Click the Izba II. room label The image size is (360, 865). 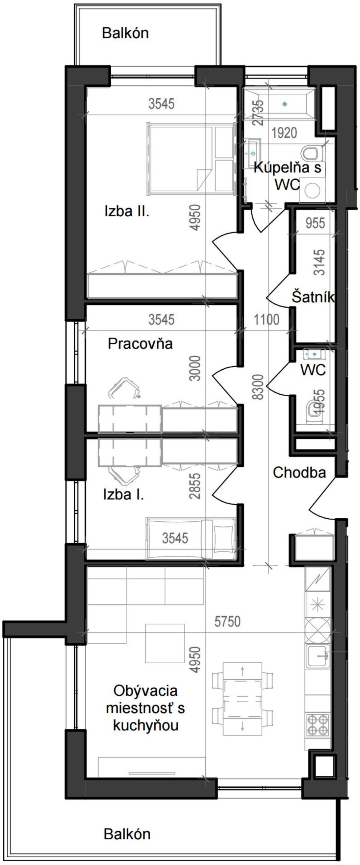(127, 212)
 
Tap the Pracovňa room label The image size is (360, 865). (140, 344)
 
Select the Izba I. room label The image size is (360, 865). (123, 495)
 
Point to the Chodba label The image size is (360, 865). (299, 473)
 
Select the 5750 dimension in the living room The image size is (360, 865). (227, 622)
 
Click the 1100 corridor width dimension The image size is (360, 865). (266, 319)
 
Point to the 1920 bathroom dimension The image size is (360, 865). (284, 133)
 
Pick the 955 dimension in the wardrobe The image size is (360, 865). (315, 223)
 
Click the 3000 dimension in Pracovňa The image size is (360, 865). (195, 368)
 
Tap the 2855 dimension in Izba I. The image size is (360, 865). (195, 486)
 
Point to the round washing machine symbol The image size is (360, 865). (312, 191)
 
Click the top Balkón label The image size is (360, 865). (125, 33)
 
